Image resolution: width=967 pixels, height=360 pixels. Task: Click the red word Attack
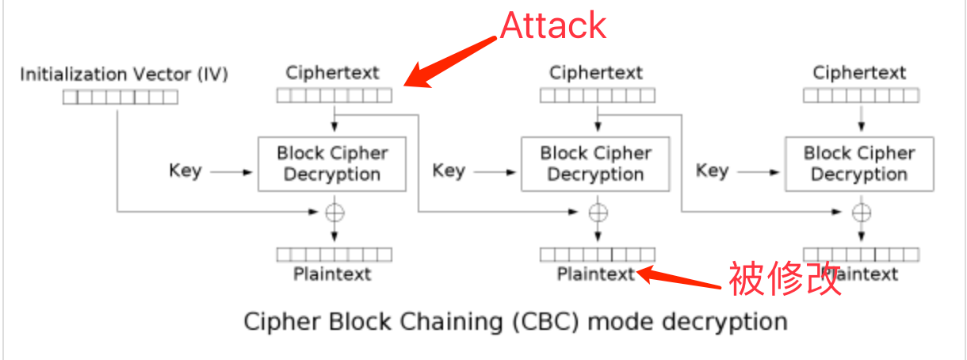pyautogui.click(x=553, y=25)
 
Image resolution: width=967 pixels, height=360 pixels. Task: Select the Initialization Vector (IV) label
pyautogui.click(x=124, y=75)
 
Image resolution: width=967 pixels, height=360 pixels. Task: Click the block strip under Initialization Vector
pyautogui.click(x=120, y=98)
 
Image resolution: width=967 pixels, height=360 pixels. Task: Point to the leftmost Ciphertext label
pyautogui.click(x=333, y=73)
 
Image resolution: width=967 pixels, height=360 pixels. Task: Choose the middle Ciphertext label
pyautogui.click(x=596, y=73)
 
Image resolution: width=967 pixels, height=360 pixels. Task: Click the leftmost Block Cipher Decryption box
pyautogui.click(x=333, y=164)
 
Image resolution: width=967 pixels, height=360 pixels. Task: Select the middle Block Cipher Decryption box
pyautogui.click(x=595, y=164)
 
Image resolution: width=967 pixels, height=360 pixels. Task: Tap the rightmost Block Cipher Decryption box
pyautogui.click(x=859, y=164)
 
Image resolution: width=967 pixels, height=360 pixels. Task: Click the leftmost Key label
pyautogui.click(x=185, y=170)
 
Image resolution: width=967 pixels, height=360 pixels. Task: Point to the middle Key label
pyautogui.click(x=449, y=170)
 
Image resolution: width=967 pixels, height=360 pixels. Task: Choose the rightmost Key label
pyautogui.click(x=712, y=170)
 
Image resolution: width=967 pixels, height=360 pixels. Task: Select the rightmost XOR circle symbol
pyautogui.click(x=861, y=212)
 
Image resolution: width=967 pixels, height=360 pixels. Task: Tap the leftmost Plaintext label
pyautogui.click(x=333, y=274)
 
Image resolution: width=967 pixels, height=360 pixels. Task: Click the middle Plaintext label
pyautogui.click(x=596, y=274)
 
